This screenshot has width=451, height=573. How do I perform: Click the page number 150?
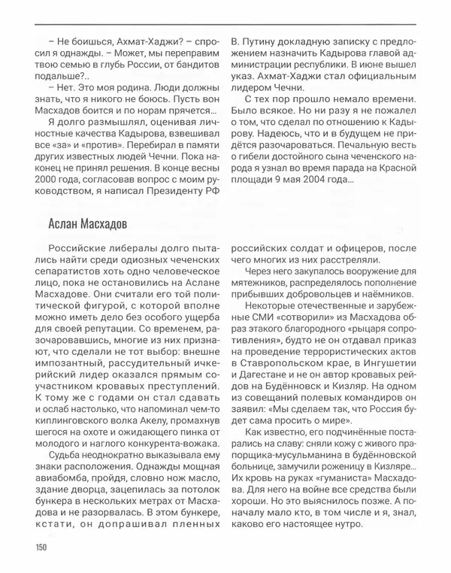(x=39, y=547)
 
